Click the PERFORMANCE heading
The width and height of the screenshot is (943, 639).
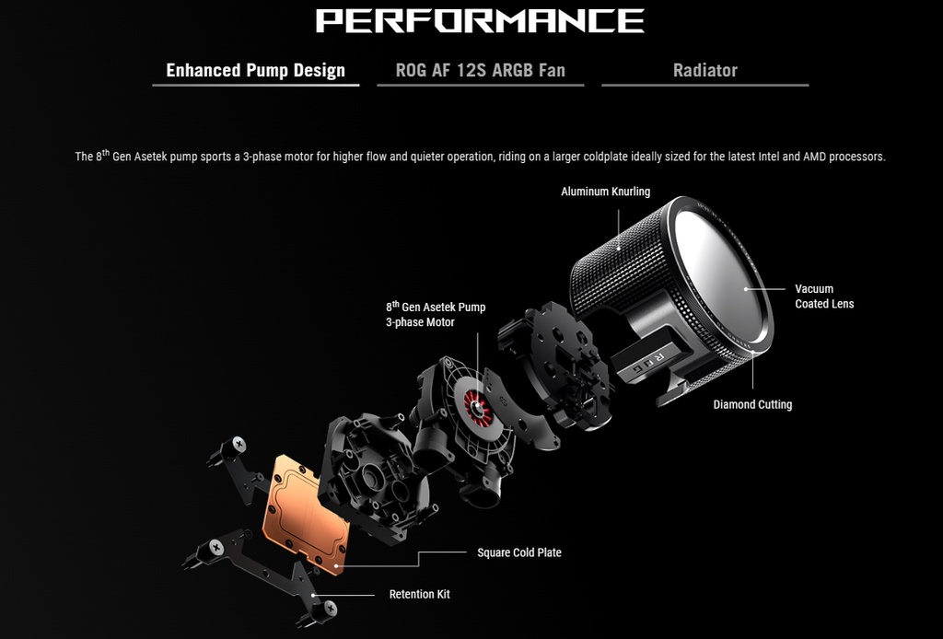(480, 20)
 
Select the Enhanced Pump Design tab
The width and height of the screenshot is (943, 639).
(255, 70)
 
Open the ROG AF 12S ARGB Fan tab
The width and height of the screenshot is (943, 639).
(480, 70)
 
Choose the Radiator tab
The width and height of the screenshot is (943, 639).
(704, 70)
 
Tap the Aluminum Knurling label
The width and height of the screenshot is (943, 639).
(605, 192)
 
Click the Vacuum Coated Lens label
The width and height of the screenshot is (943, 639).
(823, 296)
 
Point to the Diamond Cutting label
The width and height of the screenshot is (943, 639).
(752, 404)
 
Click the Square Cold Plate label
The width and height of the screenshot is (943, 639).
(518, 552)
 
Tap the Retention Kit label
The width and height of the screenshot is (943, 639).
(419, 595)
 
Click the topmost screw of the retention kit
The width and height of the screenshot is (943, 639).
(238, 445)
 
